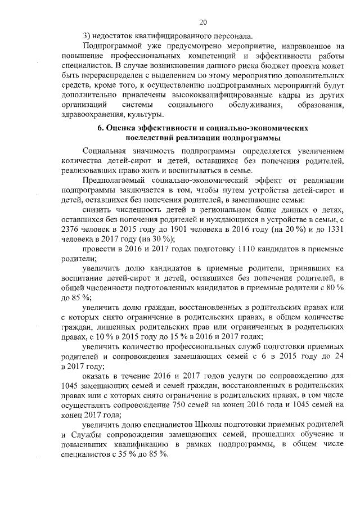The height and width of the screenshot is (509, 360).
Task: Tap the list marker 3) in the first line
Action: [86, 33]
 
